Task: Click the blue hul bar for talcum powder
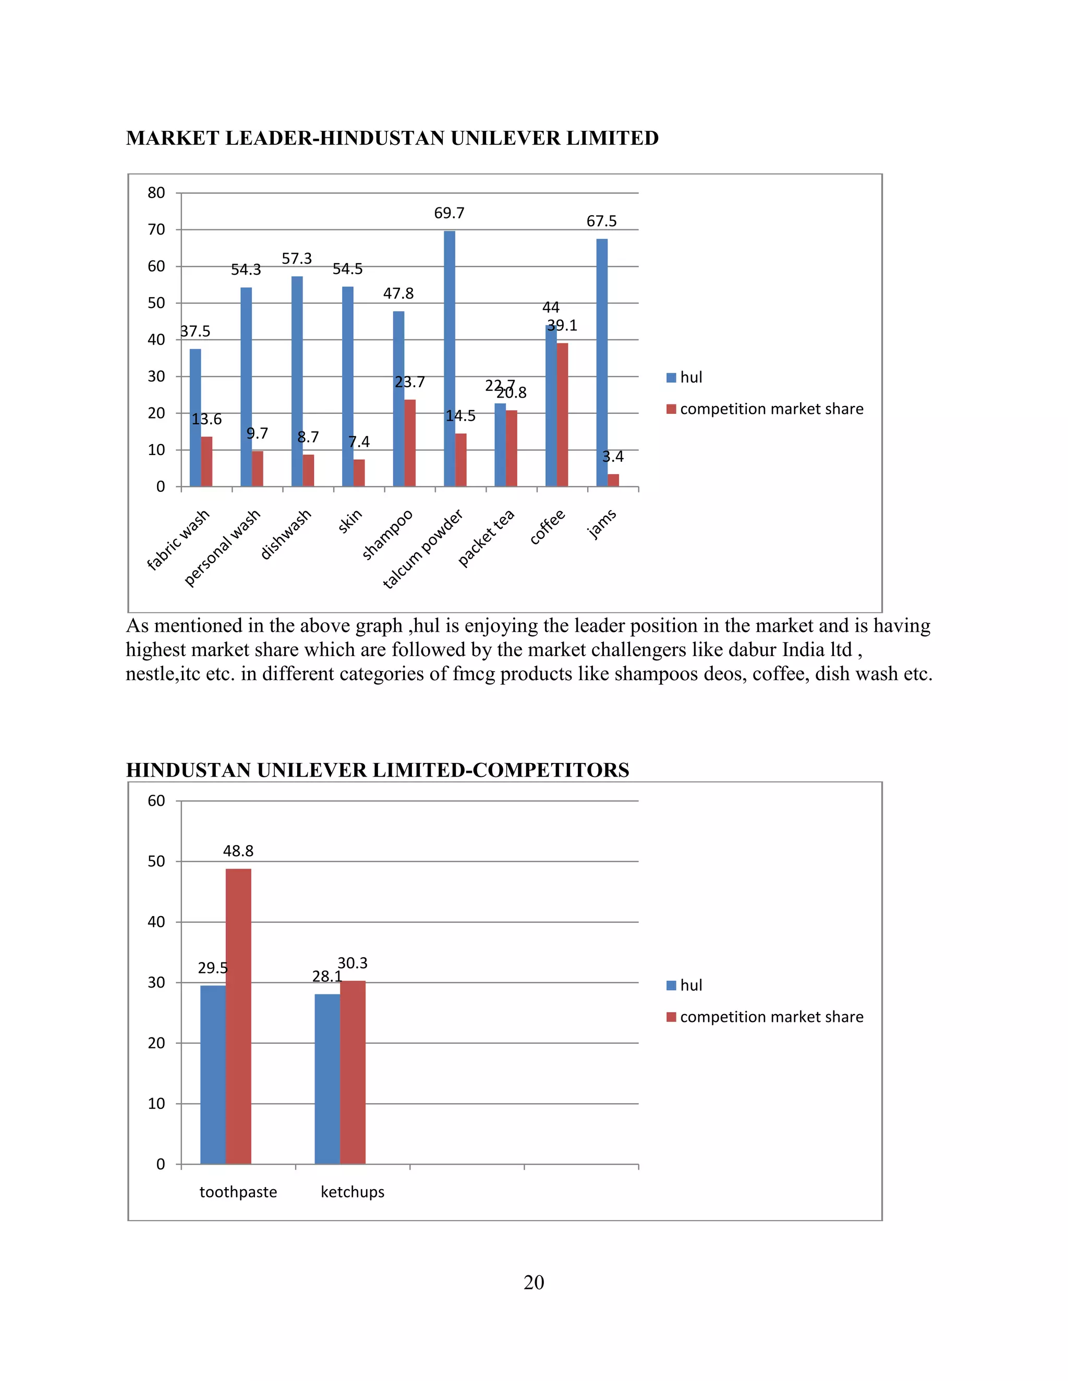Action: point(449,358)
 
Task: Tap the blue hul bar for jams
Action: point(602,362)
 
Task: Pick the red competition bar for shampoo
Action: point(410,442)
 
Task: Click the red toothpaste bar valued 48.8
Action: point(238,1016)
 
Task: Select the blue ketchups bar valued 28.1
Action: point(327,1078)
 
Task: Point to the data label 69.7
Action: point(449,213)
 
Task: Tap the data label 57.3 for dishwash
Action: point(297,258)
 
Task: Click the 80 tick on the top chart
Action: point(156,193)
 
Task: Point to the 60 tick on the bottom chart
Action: point(156,800)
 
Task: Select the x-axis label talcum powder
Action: point(422,549)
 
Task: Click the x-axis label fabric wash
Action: point(178,540)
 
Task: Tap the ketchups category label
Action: point(353,1192)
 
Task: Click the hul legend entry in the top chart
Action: point(690,377)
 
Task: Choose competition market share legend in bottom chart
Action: point(771,1017)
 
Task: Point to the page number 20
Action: point(533,1283)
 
